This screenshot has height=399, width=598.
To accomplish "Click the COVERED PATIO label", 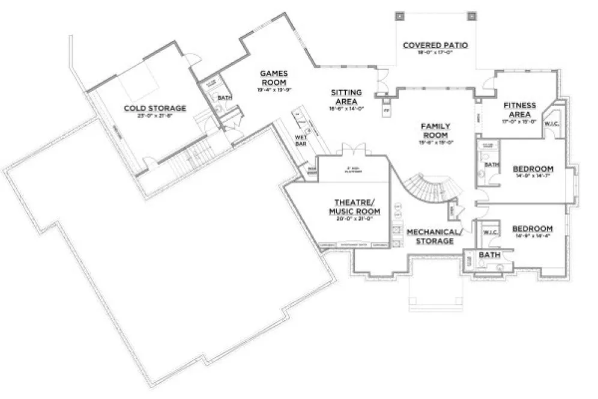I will [x=435, y=45].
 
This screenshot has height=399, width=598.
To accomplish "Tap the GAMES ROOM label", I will [x=273, y=78].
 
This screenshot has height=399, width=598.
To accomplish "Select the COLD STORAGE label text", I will [x=155, y=108].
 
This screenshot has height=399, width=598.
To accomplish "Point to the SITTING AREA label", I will [x=346, y=97].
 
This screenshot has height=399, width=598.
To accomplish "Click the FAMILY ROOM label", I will [x=435, y=130].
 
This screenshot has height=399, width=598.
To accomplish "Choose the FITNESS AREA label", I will [x=519, y=109].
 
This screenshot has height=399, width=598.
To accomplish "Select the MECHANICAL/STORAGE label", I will [x=435, y=236].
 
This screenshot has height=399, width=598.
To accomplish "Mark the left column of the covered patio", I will [x=399, y=16].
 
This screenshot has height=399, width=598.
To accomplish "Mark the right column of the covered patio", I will [x=471, y=16].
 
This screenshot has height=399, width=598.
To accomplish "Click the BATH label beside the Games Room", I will [x=225, y=97].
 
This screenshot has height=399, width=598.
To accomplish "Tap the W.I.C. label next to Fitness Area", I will [x=552, y=124].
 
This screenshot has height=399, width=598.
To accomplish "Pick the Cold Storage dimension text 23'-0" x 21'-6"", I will [x=155, y=115].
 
